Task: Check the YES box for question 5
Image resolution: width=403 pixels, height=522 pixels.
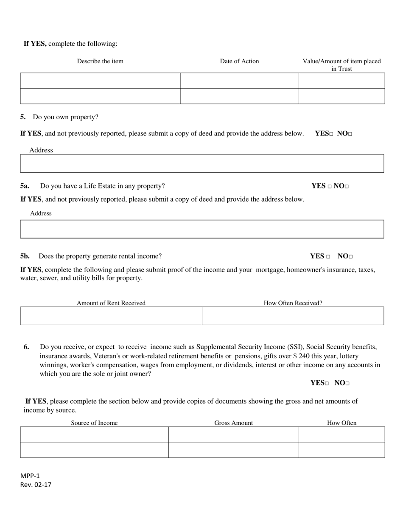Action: (x=331, y=134)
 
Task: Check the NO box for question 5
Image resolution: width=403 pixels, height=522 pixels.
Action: (x=350, y=134)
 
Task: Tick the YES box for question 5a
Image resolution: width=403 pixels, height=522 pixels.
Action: (x=329, y=186)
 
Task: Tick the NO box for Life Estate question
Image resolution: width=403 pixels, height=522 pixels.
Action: (x=347, y=186)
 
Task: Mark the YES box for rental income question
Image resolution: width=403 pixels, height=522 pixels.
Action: (x=328, y=257)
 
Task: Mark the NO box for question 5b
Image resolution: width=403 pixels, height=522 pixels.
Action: (x=351, y=257)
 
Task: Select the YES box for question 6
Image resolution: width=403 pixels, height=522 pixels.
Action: (x=327, y=384)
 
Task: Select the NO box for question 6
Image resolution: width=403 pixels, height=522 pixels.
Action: (x=347, y=384)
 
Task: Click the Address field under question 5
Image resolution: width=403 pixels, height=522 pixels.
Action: (x=202, y=163)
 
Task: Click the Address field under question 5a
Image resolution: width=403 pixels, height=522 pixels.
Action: (x=202, y=229)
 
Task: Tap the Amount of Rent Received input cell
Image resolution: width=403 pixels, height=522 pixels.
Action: (x=111, y=316)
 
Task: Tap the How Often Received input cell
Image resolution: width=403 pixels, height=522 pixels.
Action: (x=293, y=316)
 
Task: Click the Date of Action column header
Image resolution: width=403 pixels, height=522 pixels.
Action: (x=239, y=61)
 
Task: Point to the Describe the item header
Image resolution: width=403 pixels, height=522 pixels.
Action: (x=100, y=61)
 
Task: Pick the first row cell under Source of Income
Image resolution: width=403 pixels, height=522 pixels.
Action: (x=94, y=434)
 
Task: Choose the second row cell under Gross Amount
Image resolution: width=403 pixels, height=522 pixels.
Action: (x=233, y=450)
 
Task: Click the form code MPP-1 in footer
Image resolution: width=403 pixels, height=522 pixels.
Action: (x=30, y=476)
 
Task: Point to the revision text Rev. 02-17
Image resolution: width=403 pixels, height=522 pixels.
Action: (x=36, y=485)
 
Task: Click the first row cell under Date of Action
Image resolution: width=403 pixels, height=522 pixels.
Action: (x=239, y=80)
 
